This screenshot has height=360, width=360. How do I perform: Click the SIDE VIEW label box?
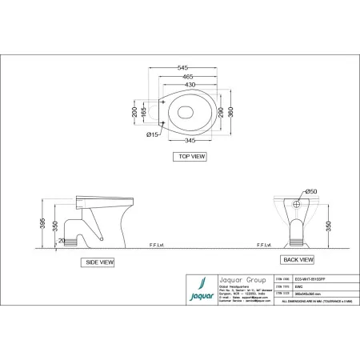pyautogui.click(x=100, y=262)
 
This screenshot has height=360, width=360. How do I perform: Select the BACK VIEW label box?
pyautogui.click(x=297, y=260)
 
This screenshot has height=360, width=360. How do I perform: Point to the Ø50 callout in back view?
pyautogui.click(x=311, y=191)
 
